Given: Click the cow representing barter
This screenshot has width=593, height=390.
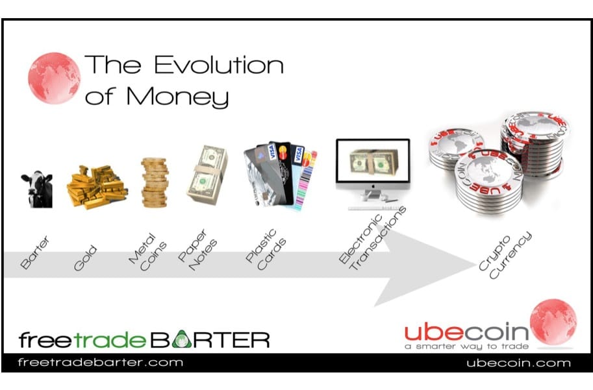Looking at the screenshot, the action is [x=36, y=189].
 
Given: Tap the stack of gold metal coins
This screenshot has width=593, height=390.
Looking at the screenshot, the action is [x=155, y=182].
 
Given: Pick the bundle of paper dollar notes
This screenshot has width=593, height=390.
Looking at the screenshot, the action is [x=207, y=175].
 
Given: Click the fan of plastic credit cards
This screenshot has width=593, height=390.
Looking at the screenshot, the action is [x=280, y=176].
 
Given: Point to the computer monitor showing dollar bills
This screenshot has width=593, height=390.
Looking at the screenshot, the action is [x=373, y=174].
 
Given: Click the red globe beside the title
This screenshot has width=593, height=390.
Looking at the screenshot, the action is [x=54, y=78].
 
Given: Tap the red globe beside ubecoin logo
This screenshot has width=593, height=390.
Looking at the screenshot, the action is [x=553, y=322].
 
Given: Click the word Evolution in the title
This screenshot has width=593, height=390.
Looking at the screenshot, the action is [x=219, y=65].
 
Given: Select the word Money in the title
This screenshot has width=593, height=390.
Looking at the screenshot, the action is [x=177, y=97].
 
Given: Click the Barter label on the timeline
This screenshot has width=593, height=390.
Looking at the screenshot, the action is [x=35, y=252].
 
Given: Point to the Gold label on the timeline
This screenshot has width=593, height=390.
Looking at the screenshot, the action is [x=86, y=258].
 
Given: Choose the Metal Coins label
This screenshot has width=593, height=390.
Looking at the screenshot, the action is [x=147, y=252].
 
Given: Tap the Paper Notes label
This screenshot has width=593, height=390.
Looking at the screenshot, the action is [x=197, y=249].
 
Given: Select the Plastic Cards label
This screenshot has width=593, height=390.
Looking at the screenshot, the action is [x=266, y=249].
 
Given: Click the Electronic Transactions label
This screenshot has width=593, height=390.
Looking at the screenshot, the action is [x=372, y=238].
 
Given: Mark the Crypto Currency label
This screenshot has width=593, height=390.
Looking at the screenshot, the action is [x=505, y=256].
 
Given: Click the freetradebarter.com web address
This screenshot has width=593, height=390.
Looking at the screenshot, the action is [x=100, y=363].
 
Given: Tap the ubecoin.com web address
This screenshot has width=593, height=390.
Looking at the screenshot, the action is [x=518, y=363].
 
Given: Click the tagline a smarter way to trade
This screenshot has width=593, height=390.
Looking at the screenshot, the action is [x=466, y=347].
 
